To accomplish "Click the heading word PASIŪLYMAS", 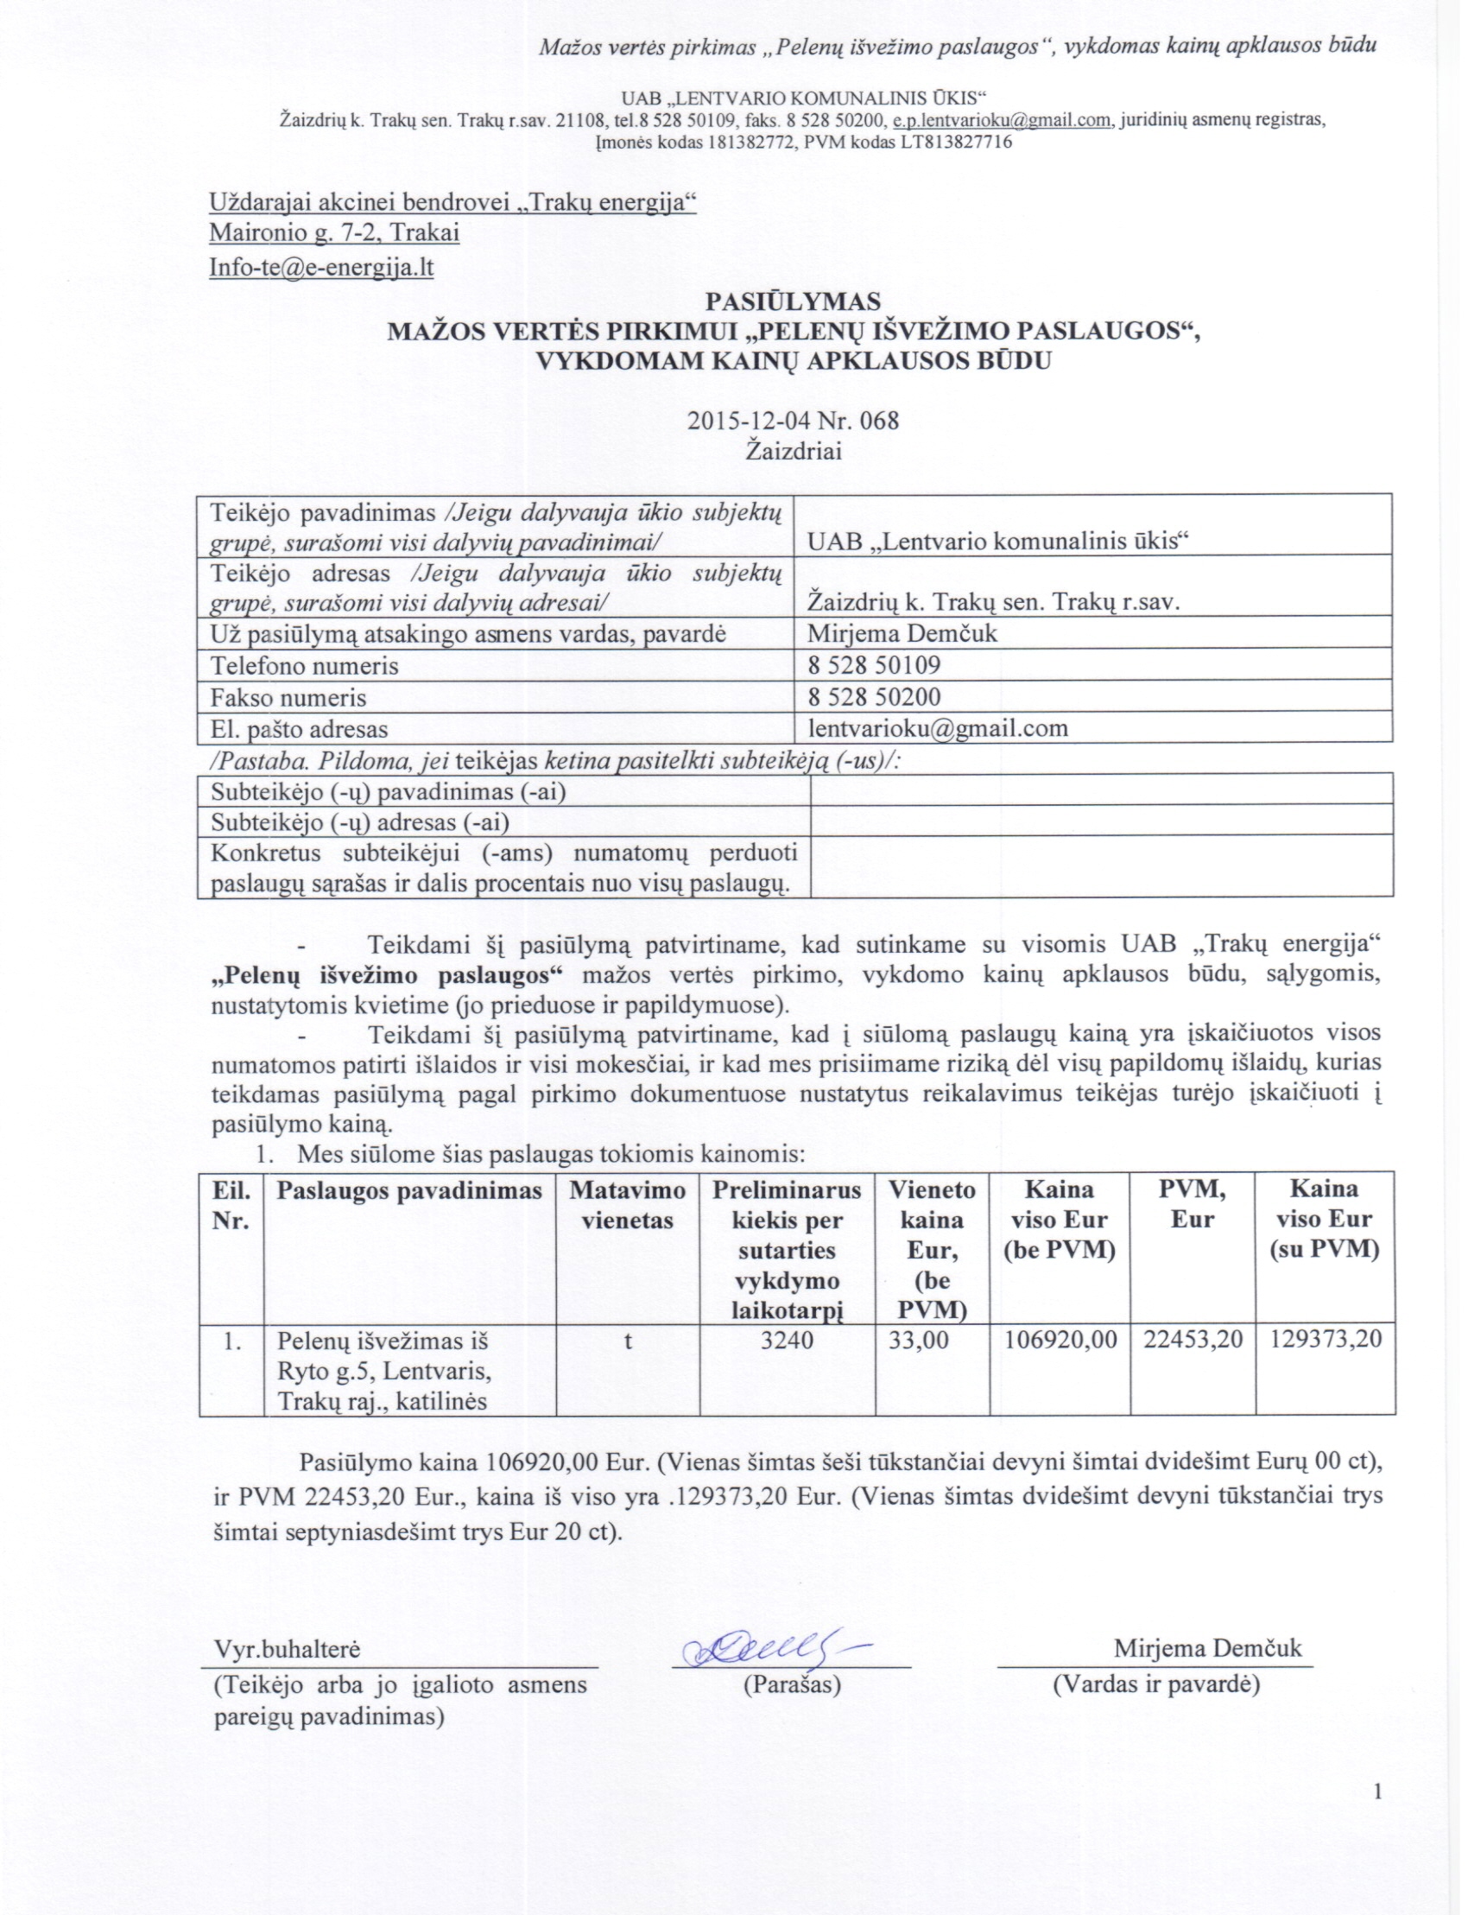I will [x=793, y=301].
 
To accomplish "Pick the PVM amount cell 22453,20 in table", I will [x=1193, y=1341].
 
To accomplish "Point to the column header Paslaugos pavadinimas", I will [x=409, y=1190].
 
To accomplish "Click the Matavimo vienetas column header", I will [x=628, y=1204].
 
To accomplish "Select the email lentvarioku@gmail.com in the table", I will [x=938, y=728].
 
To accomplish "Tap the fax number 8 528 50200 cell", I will [x=875, y=696].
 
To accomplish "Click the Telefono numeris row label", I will [x=304, y=666].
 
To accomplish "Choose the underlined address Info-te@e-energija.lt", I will [x=321, y=267].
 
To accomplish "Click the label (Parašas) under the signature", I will [x=792, y=1684].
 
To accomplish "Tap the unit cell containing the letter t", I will [x=628, y=1341].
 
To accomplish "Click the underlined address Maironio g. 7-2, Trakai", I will [x=334, y=233].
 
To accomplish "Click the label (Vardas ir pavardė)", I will [x=1156, y=1684].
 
